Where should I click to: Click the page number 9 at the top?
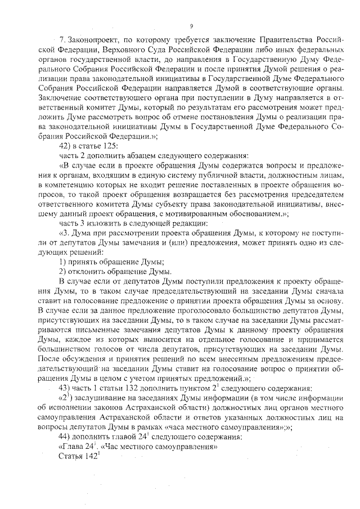pos(192,25)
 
